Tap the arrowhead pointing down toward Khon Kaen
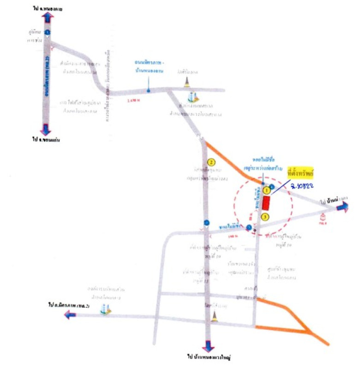46,130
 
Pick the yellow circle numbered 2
211,162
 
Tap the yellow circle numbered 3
265,216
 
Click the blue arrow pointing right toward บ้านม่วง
342,208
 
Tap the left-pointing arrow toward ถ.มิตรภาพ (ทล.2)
70,315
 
